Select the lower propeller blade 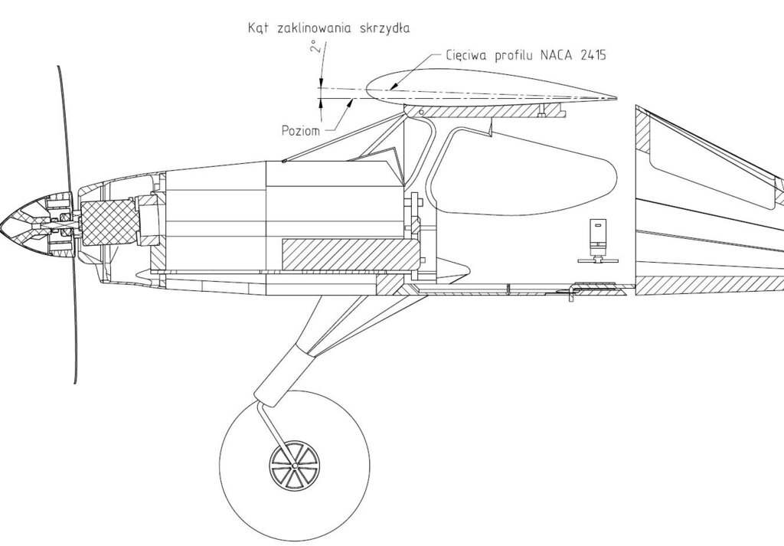pos(73,322)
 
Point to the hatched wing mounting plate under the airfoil pos(490,112)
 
